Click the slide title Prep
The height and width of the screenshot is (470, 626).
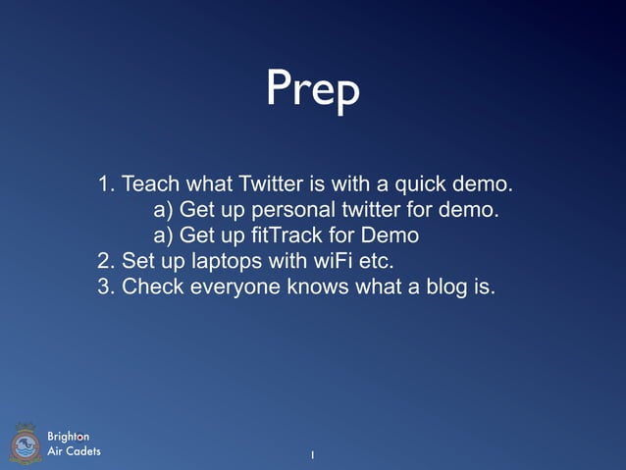312,90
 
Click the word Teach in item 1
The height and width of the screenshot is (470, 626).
150,183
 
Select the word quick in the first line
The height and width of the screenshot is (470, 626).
423,183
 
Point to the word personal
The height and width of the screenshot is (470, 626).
294,210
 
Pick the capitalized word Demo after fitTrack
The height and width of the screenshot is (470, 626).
390,235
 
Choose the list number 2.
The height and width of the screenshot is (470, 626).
106,261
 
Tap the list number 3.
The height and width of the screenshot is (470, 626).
106,287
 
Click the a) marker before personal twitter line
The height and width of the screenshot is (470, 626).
164,210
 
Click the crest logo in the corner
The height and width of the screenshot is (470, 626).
26,444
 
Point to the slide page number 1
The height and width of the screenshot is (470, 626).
312,455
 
